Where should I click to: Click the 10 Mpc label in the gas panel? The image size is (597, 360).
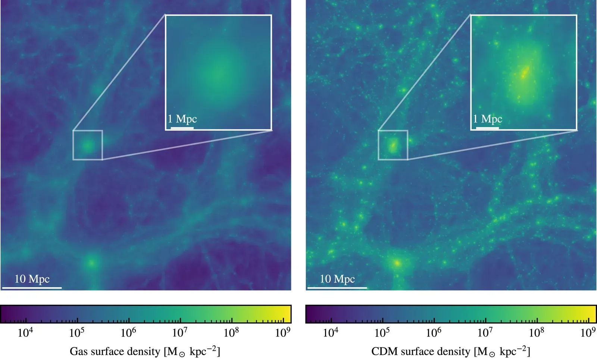click(32, 279)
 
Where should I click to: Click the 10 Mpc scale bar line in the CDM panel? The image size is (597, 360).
click(337, 288)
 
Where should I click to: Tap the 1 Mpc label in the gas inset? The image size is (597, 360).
click(182, 119)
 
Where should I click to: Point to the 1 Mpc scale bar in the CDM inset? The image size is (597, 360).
click(487, 128)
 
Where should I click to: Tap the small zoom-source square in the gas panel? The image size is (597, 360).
click(88, 145)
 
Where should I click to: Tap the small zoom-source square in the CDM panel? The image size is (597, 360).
click(393, 145)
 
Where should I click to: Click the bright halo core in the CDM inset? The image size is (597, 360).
click(524, 72)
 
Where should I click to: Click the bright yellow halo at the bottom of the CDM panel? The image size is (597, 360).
click(397, 264)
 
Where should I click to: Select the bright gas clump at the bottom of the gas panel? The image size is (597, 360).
click(91, 263)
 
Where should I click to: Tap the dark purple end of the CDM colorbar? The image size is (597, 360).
click(310, 314)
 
